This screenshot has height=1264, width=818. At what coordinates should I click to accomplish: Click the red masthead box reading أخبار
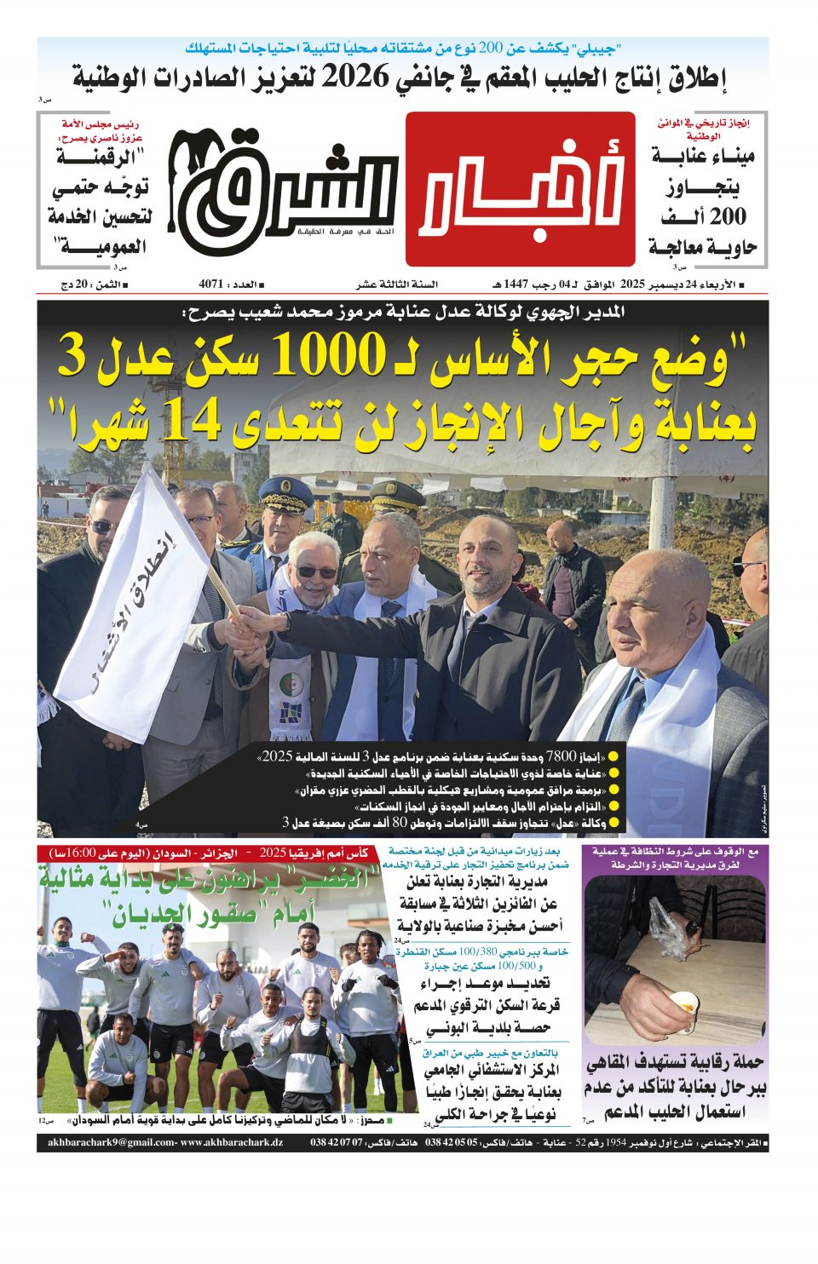[x=521, y=189]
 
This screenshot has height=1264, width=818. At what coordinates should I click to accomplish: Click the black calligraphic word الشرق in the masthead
[x=285, y=183]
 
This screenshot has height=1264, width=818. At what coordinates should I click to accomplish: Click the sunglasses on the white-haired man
[x=316, y=572]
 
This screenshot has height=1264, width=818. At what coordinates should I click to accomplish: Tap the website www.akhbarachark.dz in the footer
[x=231, y=1142]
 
